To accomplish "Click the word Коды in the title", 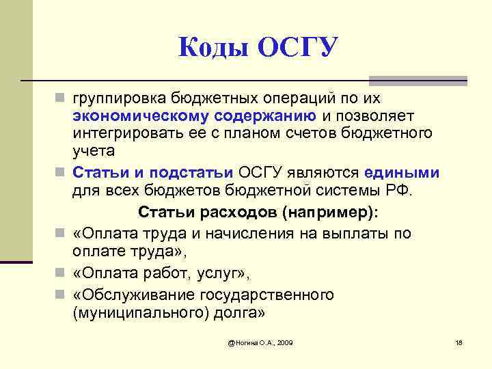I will (x=211, y=48).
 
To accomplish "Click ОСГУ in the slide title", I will (x=297, y=48).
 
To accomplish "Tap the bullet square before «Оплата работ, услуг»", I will (x=61, y=273).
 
